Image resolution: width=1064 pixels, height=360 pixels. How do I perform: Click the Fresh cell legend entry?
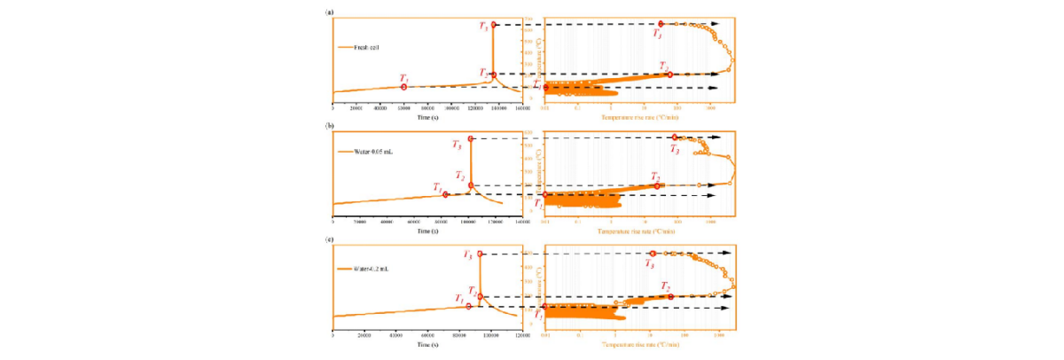(357, 47)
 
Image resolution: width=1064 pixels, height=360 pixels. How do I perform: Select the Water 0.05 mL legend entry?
(361, 152)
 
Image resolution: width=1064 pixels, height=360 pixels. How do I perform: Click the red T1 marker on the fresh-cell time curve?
(404, 87)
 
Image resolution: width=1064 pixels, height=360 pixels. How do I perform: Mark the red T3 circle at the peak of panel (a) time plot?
(494, 24)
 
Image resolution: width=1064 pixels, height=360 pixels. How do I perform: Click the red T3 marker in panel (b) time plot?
(471, 138)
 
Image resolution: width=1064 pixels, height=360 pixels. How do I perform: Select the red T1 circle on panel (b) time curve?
(446, 194)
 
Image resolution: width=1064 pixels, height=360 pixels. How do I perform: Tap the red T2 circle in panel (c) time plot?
(480, 296)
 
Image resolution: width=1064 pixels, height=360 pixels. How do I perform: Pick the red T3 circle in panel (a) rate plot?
(661, 24)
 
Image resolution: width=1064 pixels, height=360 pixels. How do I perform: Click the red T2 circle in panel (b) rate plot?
(657, 185)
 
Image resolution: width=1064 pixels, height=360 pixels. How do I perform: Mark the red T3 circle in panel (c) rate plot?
(653, 254)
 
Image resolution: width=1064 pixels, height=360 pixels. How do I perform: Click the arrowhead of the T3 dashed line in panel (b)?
(717, 138)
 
